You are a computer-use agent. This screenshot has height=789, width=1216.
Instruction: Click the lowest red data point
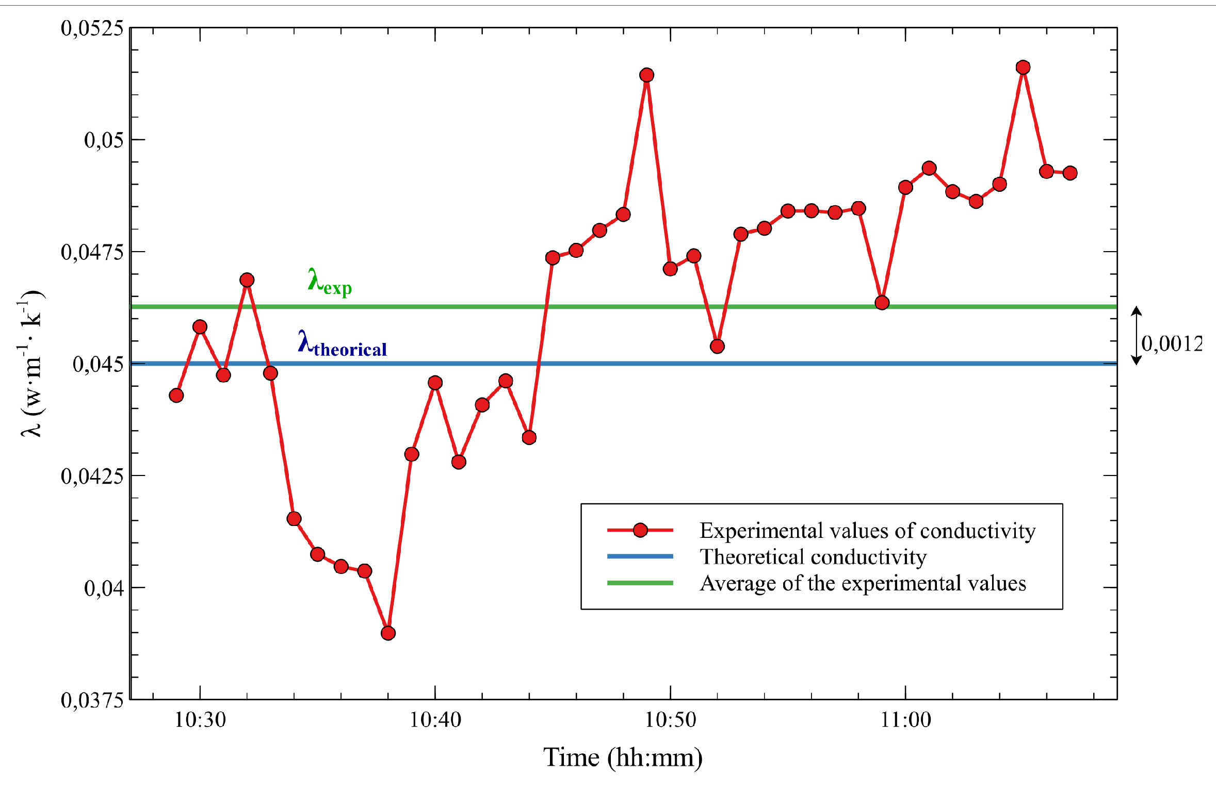pos(388,633)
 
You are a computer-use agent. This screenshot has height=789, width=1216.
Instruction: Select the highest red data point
pos(1023,68)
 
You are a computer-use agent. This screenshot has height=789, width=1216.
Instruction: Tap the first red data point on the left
pos(176,396)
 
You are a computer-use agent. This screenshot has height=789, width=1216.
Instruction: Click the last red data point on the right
pos(1070,173)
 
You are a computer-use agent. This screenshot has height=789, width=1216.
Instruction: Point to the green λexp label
pos(330,282)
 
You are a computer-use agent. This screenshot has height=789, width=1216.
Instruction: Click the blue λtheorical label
pos(342,344)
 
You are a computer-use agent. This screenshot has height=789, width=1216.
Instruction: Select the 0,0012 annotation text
pos(1172,343)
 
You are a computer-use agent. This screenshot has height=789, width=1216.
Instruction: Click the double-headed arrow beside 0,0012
pos(1136,336)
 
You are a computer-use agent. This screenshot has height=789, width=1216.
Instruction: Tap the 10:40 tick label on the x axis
pos(435,720)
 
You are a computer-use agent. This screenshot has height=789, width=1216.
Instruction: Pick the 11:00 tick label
pos(905,720)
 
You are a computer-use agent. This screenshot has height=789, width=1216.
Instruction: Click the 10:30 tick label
pos(200,720)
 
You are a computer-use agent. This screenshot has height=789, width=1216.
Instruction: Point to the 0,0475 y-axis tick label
pos(92,252)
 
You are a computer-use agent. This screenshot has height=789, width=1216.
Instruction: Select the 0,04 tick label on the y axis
pos(104,588)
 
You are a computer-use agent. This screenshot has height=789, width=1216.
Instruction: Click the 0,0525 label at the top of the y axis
pos(92,28)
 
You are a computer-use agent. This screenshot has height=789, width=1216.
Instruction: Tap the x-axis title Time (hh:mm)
pos(623,758)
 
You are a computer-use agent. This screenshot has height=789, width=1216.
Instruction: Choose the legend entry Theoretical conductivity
pos(813,557)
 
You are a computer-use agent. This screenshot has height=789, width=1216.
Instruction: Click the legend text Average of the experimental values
pos(863,583)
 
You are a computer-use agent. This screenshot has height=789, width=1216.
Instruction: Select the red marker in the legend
pos(640,530)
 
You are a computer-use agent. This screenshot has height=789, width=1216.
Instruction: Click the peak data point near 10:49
pos(646,75)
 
